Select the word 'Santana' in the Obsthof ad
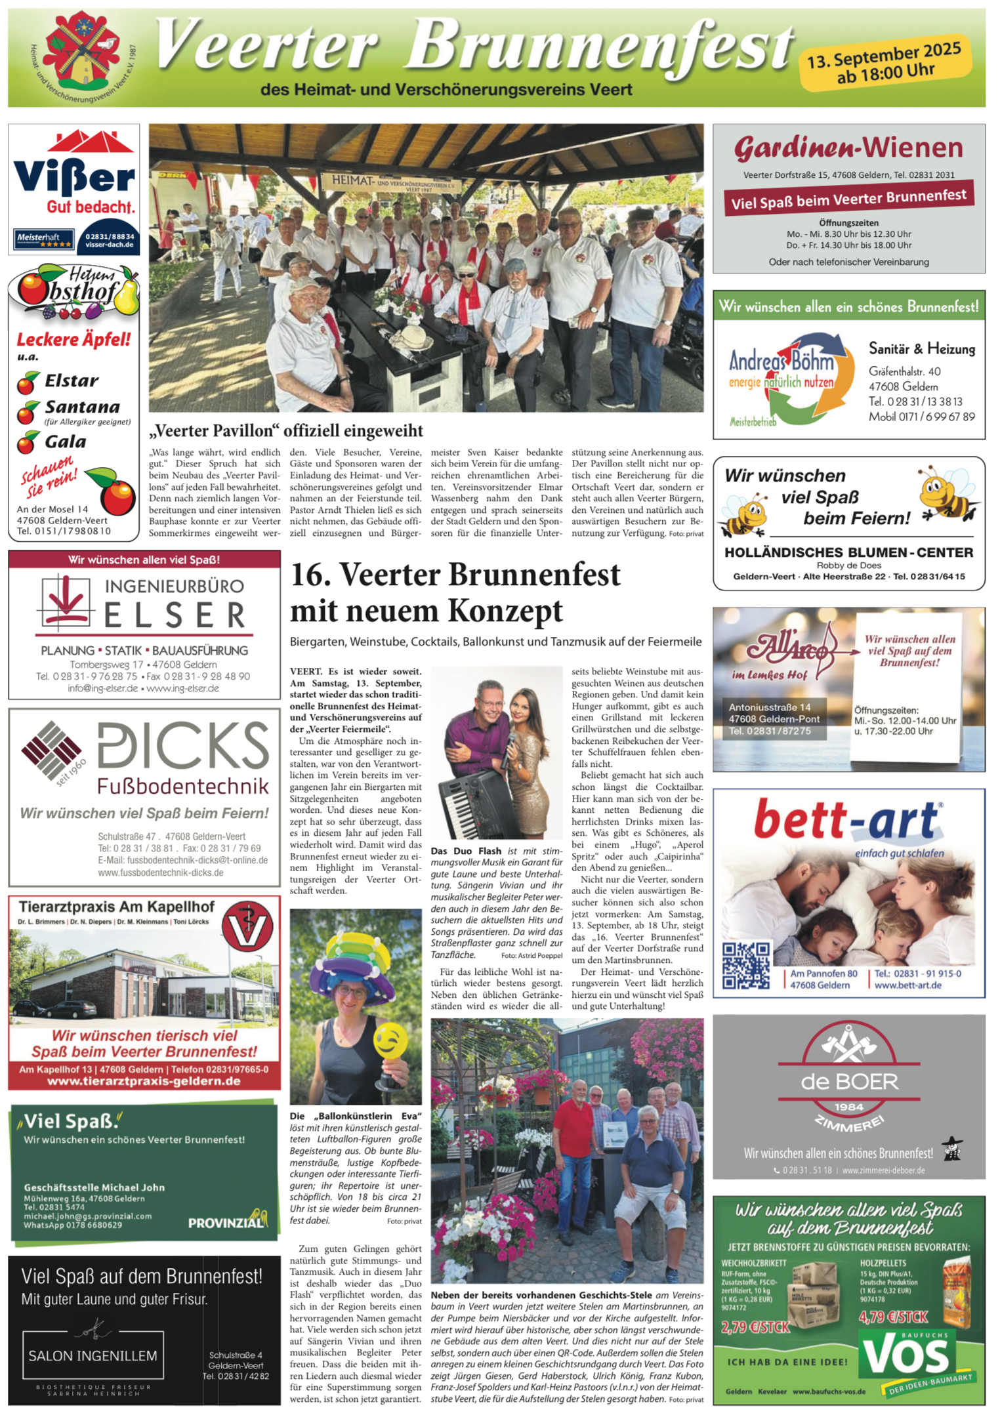(82, 407)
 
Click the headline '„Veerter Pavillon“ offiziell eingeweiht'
(285, 430)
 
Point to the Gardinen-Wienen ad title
(848, 148)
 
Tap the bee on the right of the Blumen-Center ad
(946, 492)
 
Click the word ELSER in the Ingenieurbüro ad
(175, 615)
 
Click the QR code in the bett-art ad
(746, 966)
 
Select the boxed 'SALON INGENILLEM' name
(93, 1355)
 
